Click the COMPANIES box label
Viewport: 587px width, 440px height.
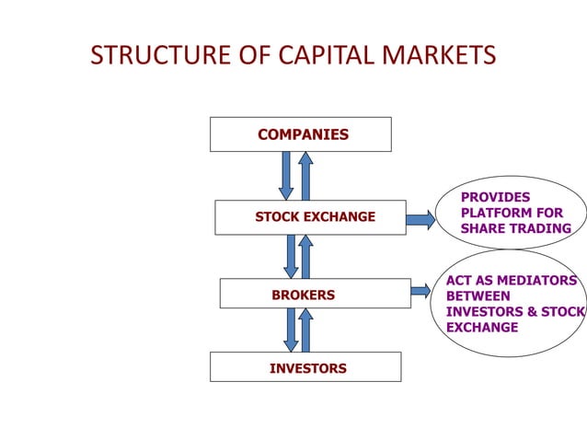tap(303, 135)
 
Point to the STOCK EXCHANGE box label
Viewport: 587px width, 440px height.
tap(315, 217)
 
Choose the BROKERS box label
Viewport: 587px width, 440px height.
tap(303, 295)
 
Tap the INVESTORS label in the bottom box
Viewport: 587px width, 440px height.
tap(307, 368)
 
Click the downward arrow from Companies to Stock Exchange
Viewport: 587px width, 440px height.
tap(286, 175)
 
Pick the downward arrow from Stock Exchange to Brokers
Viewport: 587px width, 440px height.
tap(291, 256)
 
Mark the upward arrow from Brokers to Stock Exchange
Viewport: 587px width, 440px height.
tap(306, 256)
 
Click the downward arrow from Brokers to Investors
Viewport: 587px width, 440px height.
tap(291, 330)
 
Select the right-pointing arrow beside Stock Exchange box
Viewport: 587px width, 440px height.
tap(420, 219)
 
